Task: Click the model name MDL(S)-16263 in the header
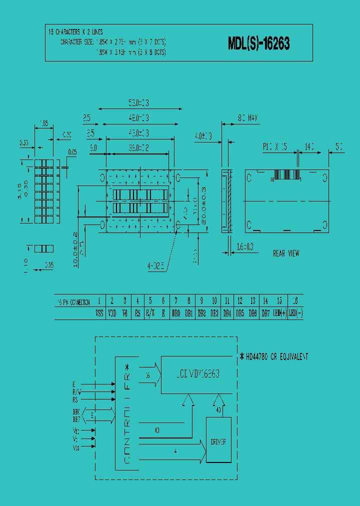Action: [258, 44]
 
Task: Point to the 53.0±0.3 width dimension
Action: [138, 103]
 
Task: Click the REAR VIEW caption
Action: [286, 253]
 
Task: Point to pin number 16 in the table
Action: [295, 301]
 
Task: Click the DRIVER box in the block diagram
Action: [219, 441]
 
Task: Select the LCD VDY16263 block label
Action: [198, 374]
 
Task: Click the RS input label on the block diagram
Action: [75, 400]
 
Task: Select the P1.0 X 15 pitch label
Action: [274, 147]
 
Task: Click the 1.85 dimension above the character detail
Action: [43, 122]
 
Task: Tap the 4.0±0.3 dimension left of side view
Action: [203, 135]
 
